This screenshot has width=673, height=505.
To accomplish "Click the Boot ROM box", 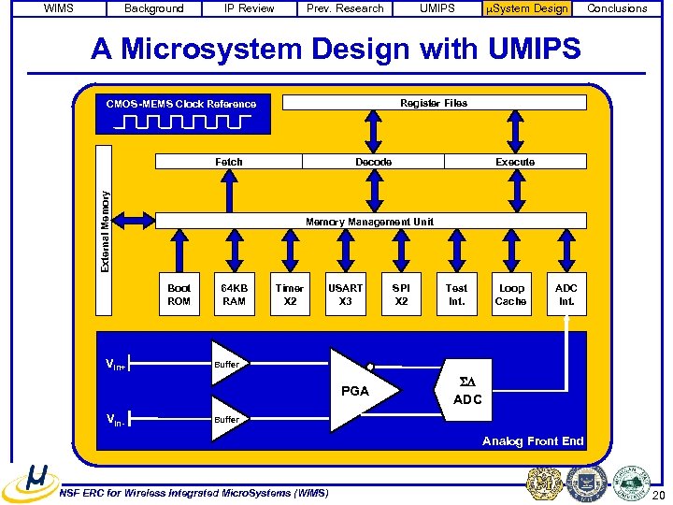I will [x=179, y=295].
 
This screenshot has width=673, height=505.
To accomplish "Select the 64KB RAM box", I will [x=234, y=295].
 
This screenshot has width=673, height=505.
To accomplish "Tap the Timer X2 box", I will [x=289, y=295].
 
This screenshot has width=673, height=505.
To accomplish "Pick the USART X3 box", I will [x=345, y=295].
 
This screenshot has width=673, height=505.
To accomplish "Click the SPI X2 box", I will [x=401, y=295].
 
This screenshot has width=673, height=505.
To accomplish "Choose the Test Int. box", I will [x=456, y=295].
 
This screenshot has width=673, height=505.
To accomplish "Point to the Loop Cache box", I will [x=511, y=295].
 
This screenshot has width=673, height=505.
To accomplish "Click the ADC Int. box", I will [x=566, y=295].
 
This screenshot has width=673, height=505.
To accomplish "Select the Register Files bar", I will [x=434, y=103].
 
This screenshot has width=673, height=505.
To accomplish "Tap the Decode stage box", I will [x=373, y=162].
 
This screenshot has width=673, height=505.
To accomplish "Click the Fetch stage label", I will [x=229, y=162].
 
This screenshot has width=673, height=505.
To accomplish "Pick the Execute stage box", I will [x=515, y=162].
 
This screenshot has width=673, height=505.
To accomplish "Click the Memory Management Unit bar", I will [x=370, y=222].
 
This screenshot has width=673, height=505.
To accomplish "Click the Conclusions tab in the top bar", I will [x=617, y=8].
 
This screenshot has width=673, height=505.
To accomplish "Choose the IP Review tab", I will [x=250, y=8].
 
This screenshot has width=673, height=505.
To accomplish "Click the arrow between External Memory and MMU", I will [x=136, y=220].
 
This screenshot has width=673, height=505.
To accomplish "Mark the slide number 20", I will [x=659, y=495].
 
